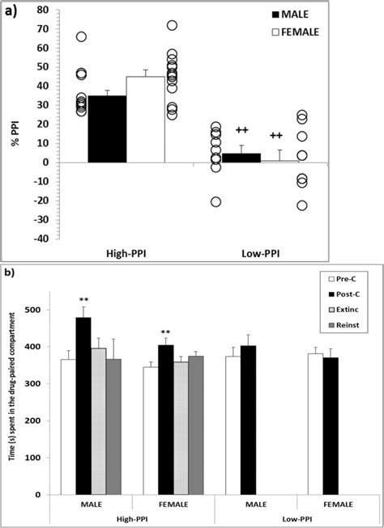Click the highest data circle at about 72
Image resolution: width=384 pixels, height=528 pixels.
(172, 26)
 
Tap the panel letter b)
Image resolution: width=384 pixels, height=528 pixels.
(11, 273)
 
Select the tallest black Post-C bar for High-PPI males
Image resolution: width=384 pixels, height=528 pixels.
(83, 405)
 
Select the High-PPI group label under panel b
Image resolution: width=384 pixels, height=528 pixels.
(132, 519)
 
